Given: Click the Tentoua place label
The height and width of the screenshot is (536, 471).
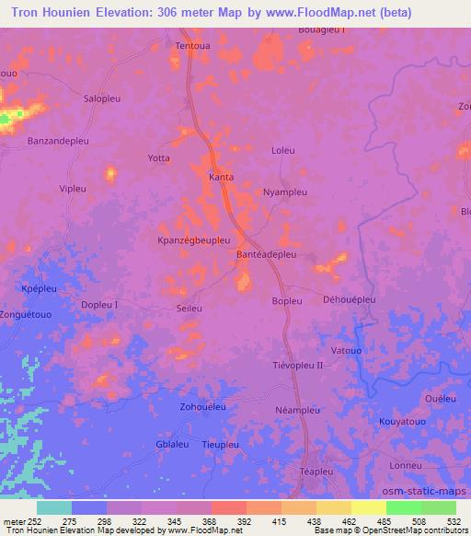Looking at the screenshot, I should (x=193, y=44).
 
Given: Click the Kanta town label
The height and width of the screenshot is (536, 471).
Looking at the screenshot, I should (x=221, y=177).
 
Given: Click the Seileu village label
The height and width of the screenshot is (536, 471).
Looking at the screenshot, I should (x=189, y=308).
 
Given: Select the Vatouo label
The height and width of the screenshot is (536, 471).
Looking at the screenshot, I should (x=346, y=350).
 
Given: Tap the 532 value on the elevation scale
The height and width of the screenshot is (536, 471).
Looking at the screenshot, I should (x=454, y=521).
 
